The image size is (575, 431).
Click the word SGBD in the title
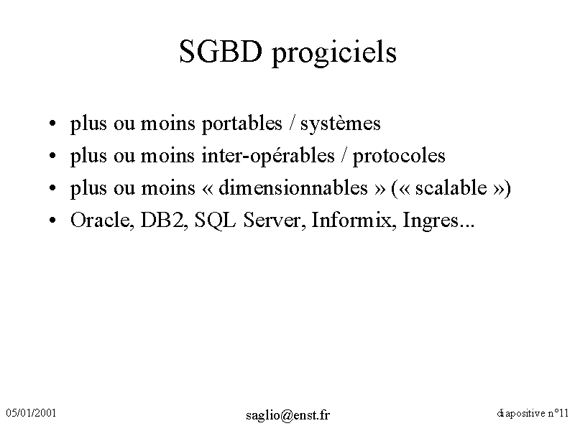click(x=221, y=51)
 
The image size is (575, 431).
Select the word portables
click(x=242, y=124)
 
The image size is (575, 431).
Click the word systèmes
click(x=340, y=124)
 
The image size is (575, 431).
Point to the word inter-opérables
click(x=268, y=156)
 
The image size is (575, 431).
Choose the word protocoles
click(x=399, y=157)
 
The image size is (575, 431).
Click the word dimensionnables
click(x=293, y=187)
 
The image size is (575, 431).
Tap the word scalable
click(x=451, y=187)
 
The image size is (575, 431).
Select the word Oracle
click(x=100, y=221)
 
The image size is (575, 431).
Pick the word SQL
click(x=215, y=221)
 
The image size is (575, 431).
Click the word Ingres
click(x=431, y=221)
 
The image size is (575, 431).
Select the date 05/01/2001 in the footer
click(x=31, y=413)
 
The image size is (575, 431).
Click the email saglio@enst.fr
click(x=288, y=415)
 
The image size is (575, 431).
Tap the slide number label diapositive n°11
click(x=533, y=414)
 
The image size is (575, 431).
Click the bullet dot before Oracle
click(x=52, y=221)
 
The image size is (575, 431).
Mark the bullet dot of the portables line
click(x=52, y=123)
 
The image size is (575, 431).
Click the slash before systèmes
click(x=292, y=123)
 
